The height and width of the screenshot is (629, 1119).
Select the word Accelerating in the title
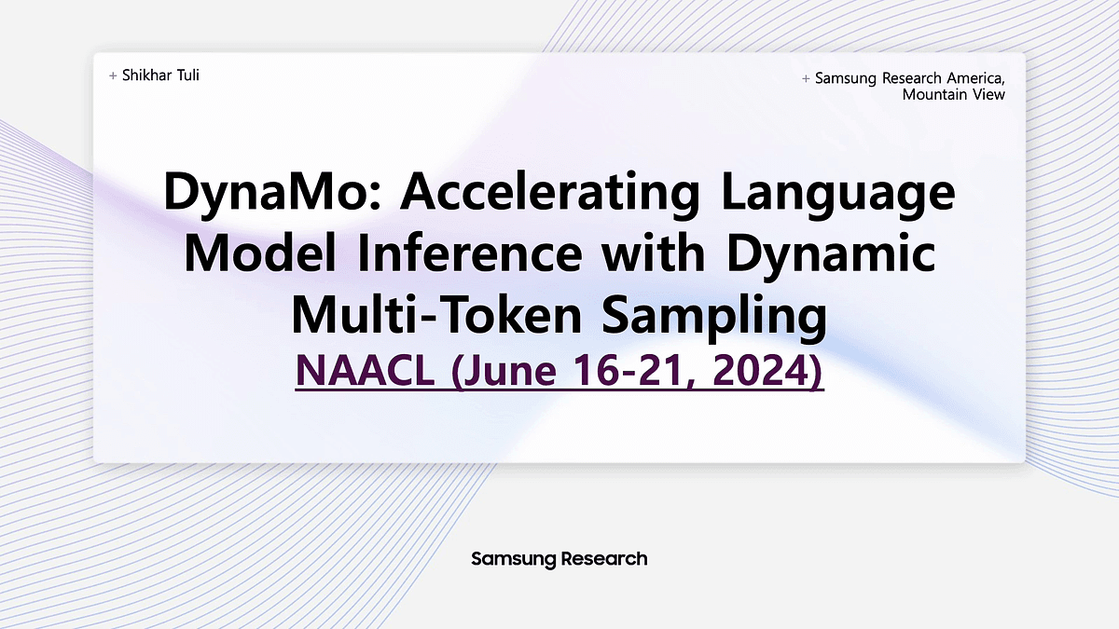pos(550,192)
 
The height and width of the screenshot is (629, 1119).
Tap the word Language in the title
pos(837,192)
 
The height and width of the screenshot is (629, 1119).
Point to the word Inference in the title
pos(470,254)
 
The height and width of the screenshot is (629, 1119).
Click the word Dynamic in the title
pos(831,254)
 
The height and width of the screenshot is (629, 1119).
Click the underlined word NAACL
pos(366,371)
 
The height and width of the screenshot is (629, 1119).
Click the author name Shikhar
pos(147,75)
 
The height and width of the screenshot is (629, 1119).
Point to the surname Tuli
pos(188,75)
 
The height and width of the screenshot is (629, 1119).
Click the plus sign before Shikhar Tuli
pos(113,75)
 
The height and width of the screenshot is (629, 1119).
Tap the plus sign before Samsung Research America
pos(806,79)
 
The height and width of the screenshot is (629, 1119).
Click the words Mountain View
pos(954,94)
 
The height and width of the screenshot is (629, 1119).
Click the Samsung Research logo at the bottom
pos(559,558)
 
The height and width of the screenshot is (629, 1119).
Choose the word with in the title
pos(654,254)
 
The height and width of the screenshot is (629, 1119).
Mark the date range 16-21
pos(634,371)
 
